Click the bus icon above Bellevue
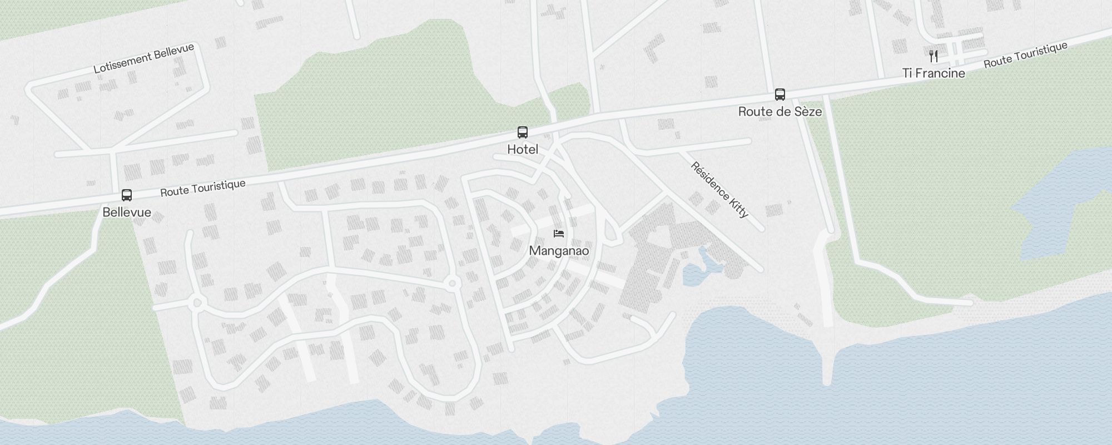(x=127, y=195)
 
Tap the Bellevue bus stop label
(x=127, y=212)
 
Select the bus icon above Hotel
(x=523, y=132)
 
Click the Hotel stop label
(x=523, y=150)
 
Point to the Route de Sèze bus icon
(x=780, y=95)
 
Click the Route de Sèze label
(x=780, y=112)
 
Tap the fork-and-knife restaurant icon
(x=934, y=56)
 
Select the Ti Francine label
(x=934, y=73)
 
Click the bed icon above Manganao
(x=559, y=233)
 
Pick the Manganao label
(x=559, y=250)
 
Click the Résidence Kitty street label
(x=719, y=190)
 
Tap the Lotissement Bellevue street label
(x=143, y=58)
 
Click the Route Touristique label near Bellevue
(x=203, y=188)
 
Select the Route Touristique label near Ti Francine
(x=1025, y=55)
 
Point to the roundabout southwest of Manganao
(x=452, y=284)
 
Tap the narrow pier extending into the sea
(x=827, y=356)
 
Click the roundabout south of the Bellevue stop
(x=195, y=303)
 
